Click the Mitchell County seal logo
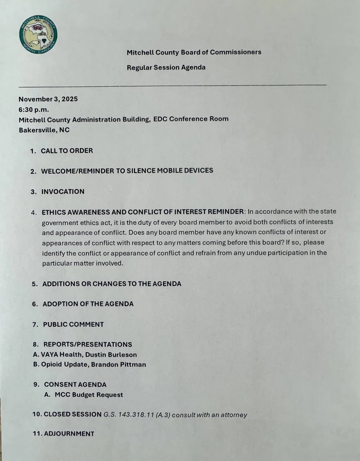39,35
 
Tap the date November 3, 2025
48,99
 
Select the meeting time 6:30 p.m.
34,109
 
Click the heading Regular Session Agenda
166,68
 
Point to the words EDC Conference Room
191,119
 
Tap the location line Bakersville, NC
44,130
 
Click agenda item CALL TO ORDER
67,151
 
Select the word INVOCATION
63,192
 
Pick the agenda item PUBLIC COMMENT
73,324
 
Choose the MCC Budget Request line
89,395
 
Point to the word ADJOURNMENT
69,434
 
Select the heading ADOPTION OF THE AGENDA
88,304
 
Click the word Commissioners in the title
235,52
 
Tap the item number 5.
35,284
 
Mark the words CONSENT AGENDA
75,385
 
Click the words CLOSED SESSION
73,414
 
